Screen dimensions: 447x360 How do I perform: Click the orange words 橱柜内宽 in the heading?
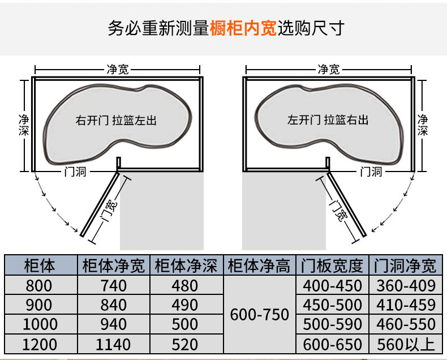[x=243, y=28]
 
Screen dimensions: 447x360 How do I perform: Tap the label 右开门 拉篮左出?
[x=115, y=120]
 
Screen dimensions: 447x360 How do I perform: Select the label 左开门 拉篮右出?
[x=328, y=120]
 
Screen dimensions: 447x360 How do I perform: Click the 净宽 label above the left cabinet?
[x=117, y=69]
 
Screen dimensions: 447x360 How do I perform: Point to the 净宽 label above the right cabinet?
[x=328, y=69]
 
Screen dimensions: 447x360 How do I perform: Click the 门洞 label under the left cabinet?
[x=74, y=172]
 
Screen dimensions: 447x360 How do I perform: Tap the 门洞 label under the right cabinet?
[x=371, y=172]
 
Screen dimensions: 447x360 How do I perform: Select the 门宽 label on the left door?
[x=108, y=209]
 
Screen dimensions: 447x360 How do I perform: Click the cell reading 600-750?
[x=260, y=314]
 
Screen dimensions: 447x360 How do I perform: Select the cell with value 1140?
[x=113, y=344]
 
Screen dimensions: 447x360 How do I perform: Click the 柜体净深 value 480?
[x=186, y=285]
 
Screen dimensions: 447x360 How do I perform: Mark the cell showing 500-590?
[x=332, y=324]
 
